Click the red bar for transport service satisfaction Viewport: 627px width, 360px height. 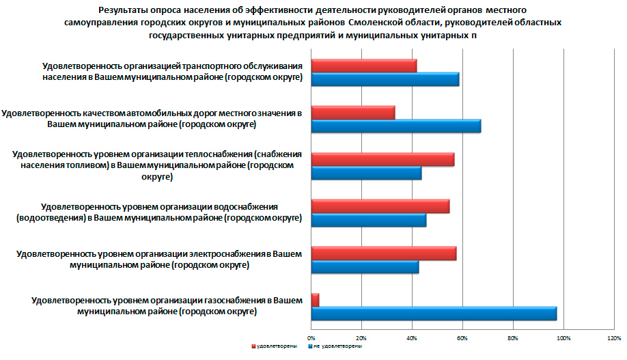tap(363, 66)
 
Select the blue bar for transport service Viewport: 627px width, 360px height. tap(385, 79)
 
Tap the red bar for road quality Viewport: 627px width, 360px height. tap(352, 113)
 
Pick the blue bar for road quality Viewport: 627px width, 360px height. tap(395, 126)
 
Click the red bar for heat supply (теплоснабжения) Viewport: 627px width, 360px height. tap(382, 159)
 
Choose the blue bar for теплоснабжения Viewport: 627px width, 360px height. tap(366, 173)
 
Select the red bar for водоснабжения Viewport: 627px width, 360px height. tap(380, 206)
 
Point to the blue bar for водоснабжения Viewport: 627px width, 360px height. tap(368, 220)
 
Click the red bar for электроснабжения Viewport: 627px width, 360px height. tap(383, 253)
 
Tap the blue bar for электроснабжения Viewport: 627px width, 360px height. tap(365, 267)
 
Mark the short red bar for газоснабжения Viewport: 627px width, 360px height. tap(315, 300)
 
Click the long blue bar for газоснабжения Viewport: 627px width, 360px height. tap(434, 314)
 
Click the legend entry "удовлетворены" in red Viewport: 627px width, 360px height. tap(276, 347)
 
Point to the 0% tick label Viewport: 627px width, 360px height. tap(311, 337)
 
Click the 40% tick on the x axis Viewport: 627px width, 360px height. tap(412, 337)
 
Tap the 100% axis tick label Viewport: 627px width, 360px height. tap(563, 337)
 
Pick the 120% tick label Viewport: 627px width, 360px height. tap(613, 337)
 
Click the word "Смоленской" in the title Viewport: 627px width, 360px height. tap(374, 23)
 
